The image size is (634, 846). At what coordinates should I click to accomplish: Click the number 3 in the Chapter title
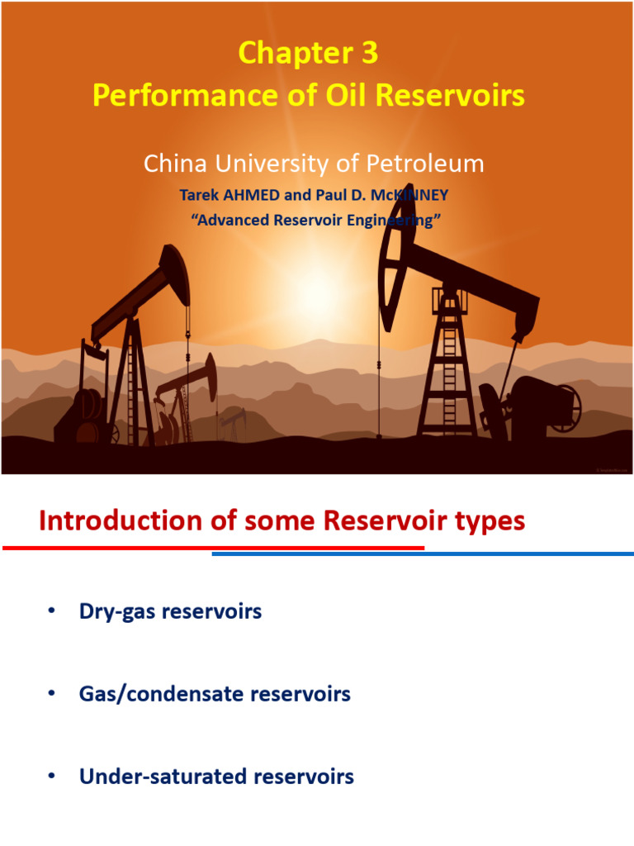tap(368, 54)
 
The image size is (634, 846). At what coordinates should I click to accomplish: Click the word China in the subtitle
tap(173, 164)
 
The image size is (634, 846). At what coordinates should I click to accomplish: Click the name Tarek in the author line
tap(199, 196)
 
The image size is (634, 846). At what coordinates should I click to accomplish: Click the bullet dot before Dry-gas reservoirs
tap(52, 611)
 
